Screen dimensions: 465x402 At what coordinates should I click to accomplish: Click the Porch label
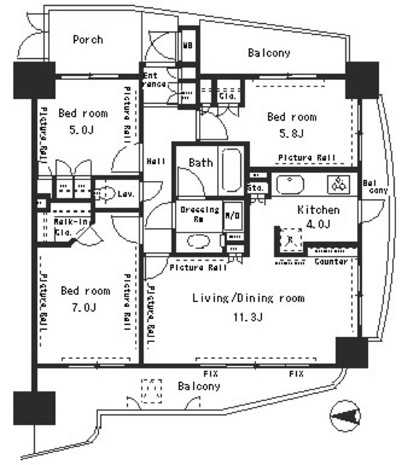pyautogui.click(x=88, y=39)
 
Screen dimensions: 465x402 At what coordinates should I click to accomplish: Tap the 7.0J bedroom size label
pyautogui.click(x=83, y=307)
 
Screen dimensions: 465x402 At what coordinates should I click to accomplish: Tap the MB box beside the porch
pyautogui.click(x=187, y=43)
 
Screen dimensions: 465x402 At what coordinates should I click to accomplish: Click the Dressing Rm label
pyautogui.click(x=199, y=214)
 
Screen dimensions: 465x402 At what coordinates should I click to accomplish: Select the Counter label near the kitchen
pyautogui.click(x=330, y=261)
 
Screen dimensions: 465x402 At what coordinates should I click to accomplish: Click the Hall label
pyautogui.click(x=155, y=161)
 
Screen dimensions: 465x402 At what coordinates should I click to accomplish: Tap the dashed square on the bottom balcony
pyautogui.click(x=151, y=389)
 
